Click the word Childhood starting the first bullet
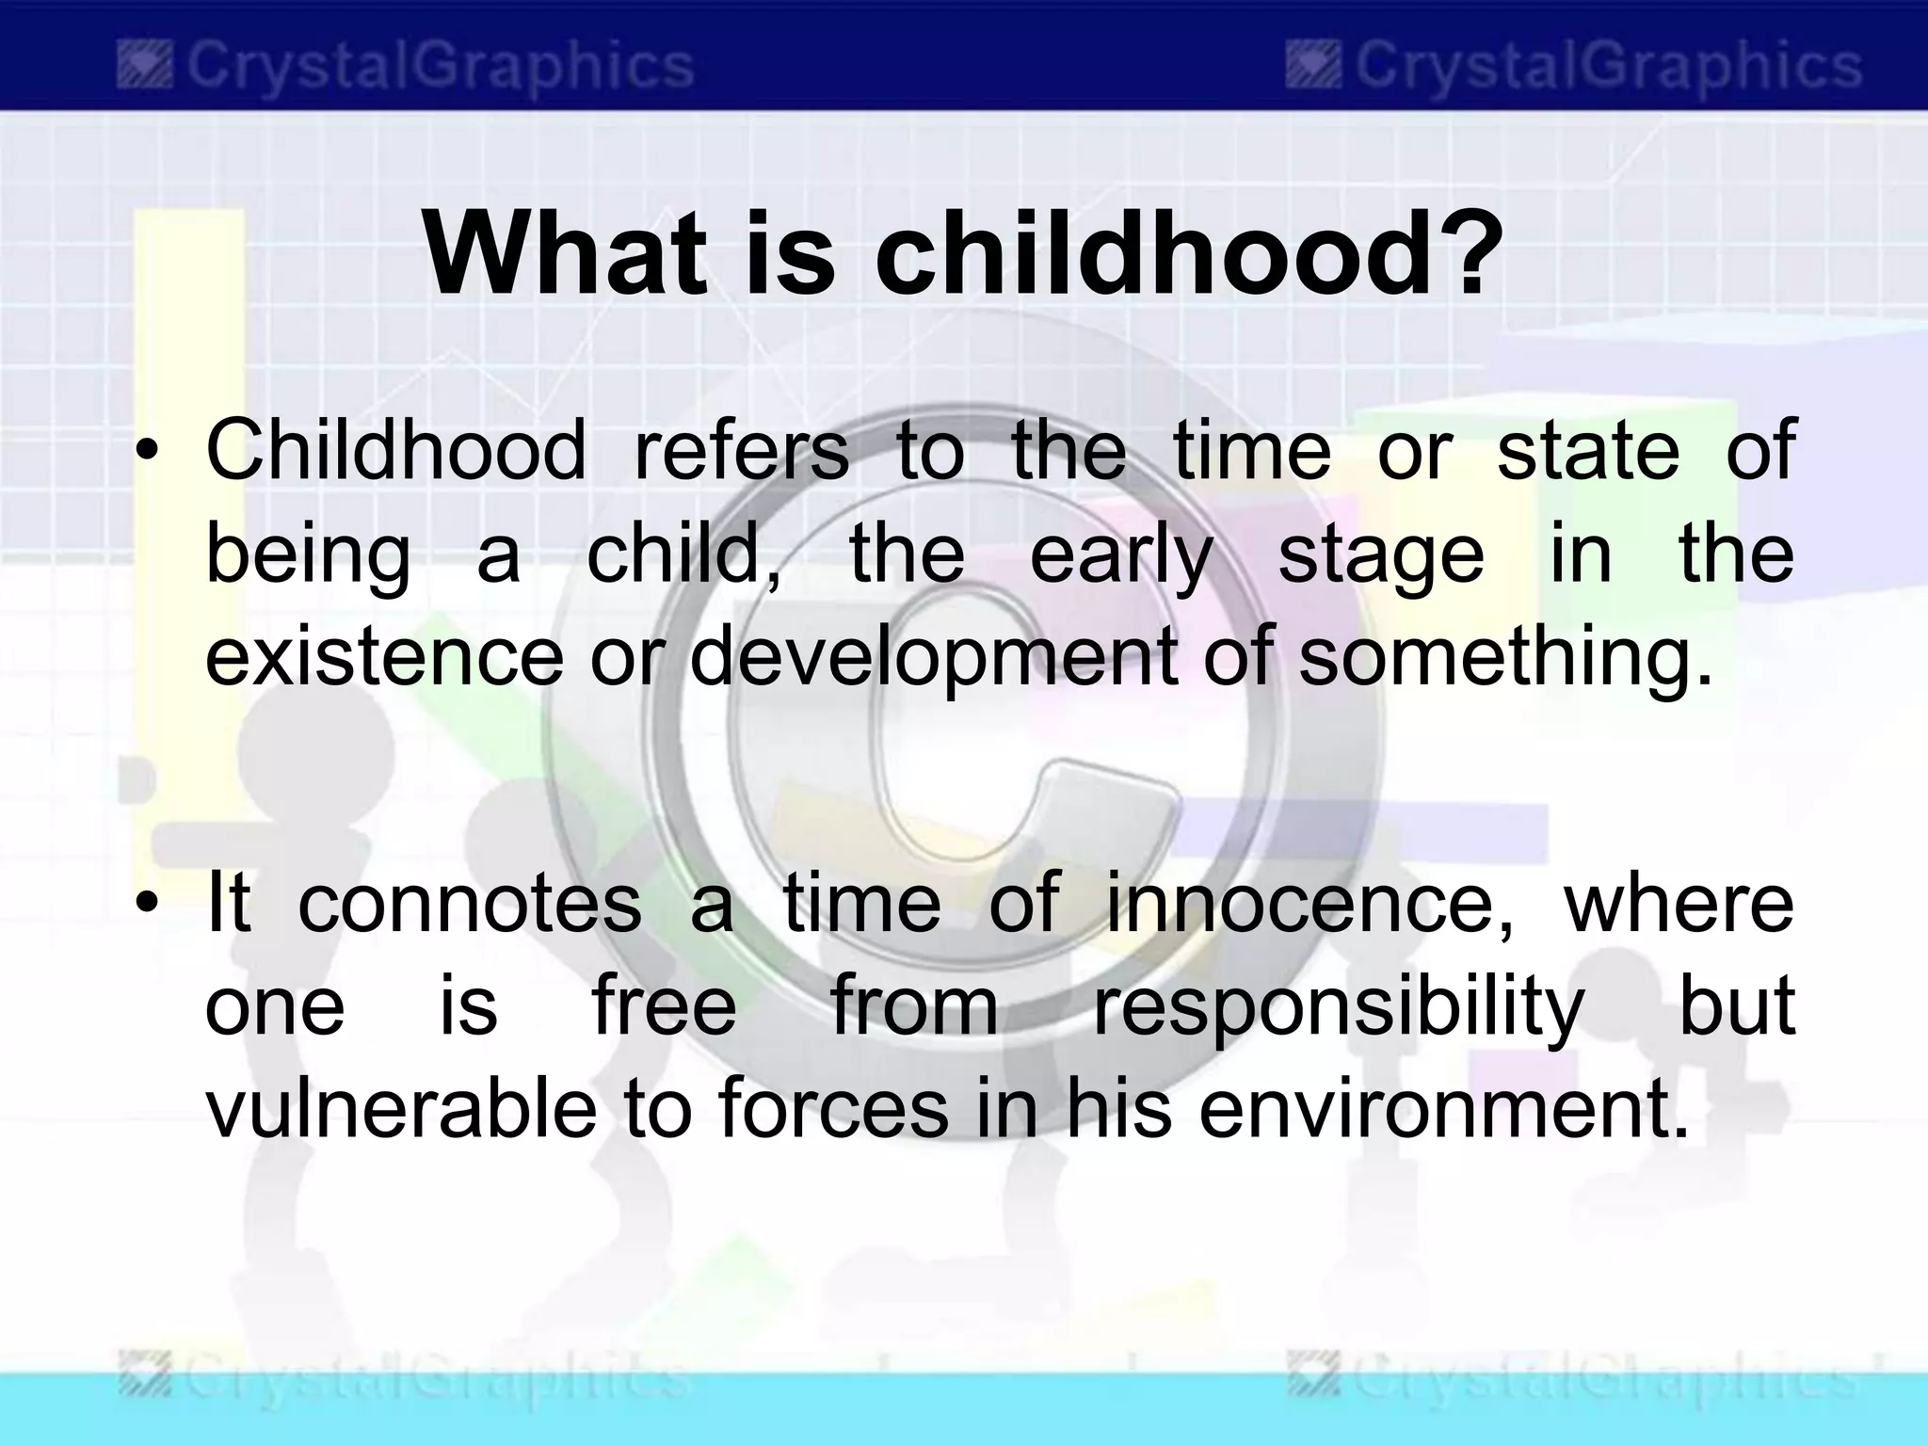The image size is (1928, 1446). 395,450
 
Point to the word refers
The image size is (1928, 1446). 741,450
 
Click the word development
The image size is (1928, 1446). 932,656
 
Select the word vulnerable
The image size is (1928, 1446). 401,1109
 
